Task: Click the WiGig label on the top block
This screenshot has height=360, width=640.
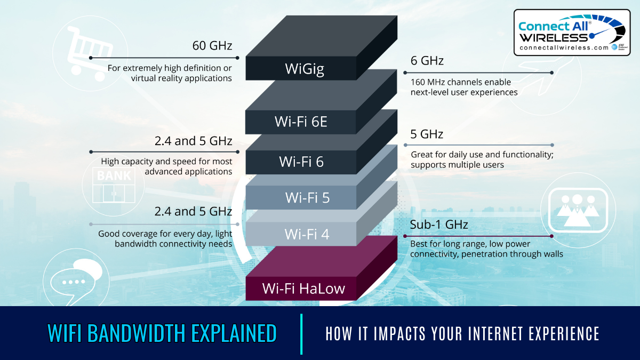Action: [304, 69]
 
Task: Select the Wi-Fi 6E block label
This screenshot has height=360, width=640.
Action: [301, 122]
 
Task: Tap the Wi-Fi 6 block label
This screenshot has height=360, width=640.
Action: [301, 161]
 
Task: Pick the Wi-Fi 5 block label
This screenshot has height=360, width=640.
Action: [307, 198]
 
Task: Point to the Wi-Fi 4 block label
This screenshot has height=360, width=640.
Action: [307, 234]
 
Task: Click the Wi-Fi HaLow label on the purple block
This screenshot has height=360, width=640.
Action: [303, 289]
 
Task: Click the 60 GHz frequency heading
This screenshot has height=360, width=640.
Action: [212, 46]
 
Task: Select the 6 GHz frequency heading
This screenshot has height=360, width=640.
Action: [427, 61]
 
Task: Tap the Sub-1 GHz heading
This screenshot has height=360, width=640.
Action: [439, 225]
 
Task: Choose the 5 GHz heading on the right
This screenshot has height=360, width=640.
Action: [427, 134]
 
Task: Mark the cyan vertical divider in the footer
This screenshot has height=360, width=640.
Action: [301, 333]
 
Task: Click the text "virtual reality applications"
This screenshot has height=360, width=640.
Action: [181, 78]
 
